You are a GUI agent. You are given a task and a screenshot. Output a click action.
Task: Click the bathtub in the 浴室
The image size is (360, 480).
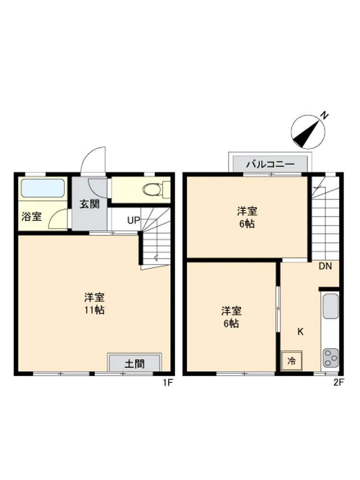tap(43, 188)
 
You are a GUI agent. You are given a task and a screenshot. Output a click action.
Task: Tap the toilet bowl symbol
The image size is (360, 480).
tap(152, 189)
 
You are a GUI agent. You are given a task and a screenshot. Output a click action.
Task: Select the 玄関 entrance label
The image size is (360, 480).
tap(89, 204)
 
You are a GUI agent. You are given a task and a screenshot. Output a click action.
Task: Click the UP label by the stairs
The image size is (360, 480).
tap(133, 220)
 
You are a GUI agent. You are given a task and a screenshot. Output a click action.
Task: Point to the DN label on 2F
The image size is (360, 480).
tap(325, 266)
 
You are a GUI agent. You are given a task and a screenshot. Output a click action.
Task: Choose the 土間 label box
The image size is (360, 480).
tap(135, 364)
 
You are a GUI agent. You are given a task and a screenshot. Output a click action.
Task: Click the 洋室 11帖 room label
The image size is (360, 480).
tap(95, 304)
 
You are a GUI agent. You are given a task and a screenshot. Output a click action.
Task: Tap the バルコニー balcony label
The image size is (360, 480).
tap(270, 164)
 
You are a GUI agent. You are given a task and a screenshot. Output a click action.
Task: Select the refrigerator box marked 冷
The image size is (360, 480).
tap(291, 360)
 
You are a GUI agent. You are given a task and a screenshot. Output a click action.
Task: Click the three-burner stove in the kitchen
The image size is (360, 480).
tap(331, 358)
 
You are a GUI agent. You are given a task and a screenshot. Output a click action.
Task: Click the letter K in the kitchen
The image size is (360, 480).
tap(300, 332)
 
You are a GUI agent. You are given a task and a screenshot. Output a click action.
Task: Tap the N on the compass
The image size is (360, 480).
tap(324, 115)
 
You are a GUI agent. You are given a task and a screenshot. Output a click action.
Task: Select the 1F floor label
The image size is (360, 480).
tap(168, 383)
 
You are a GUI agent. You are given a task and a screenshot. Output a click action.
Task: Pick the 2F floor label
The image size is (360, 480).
tap(339, 383)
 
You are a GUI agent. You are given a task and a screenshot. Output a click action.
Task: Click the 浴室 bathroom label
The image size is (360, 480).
tap(32, 217)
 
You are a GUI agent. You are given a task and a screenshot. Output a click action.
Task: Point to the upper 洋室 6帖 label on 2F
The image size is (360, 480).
tap(247, 217)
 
